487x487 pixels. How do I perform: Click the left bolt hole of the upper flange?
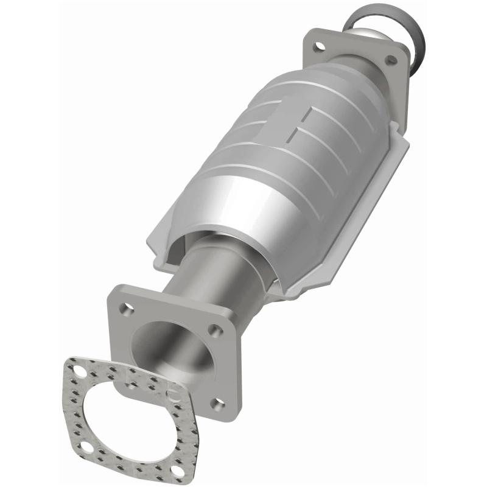click(x=317, y=45)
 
